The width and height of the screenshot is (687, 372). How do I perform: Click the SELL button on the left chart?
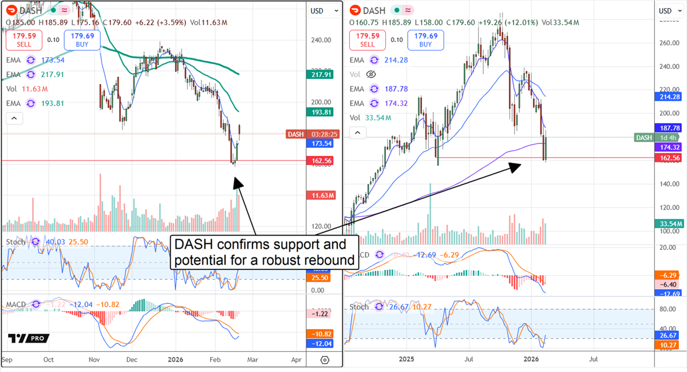click(23, 40)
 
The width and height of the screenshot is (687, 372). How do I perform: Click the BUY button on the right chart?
click(425, 40)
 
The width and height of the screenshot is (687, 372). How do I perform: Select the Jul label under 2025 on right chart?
click(470, 359)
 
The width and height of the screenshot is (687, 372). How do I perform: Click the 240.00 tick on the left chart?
click(321, 40)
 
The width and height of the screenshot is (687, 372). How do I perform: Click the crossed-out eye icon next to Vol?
click(370, 75)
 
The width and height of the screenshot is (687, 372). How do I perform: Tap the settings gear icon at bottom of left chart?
click(325, 360)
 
